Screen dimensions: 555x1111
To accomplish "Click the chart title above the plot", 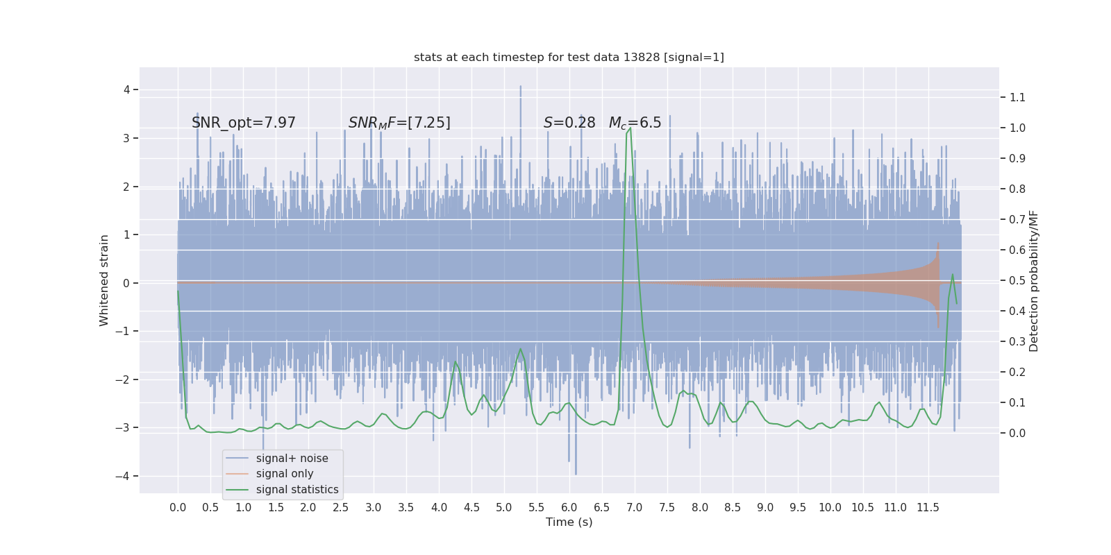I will click(x=569, y=58).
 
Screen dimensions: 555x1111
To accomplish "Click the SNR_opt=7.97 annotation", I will click(x=244, y=123).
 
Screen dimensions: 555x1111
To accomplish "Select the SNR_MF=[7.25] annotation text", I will click(x=399, y=123).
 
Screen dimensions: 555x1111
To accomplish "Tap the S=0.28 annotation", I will click(x=569, y=123).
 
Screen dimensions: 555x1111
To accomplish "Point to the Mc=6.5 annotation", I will click(x=635, y=123).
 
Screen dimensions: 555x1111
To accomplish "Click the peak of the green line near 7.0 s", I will click(x=630, y=128).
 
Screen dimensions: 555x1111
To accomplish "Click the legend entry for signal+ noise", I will click(x=292, y=459).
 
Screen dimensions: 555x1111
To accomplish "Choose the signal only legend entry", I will click(x=285, y=474).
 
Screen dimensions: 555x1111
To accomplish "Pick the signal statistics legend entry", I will click(x=297, y=490).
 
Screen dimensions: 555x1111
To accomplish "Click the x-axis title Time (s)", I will click(x=569, y=522).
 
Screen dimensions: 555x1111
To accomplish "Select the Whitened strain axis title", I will click(x=104, y=280).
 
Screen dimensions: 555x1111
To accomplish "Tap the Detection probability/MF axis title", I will click(x=1034, y=281).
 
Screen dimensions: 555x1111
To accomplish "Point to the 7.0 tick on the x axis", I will click(x=635, y=507).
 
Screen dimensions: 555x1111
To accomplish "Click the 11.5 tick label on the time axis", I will click(x=928, y=507).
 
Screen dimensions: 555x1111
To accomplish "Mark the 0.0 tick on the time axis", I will click(x=178, y=507).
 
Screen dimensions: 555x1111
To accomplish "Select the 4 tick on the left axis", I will click(x=127, y=89).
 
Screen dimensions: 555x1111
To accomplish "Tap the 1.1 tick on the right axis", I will click(x=1017, y=98).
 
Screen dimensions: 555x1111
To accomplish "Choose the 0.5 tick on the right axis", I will click(x=1017, y=281).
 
